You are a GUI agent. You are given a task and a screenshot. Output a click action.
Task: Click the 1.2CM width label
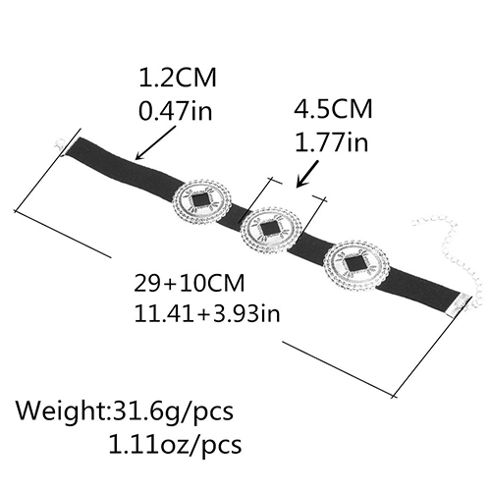[178, 78]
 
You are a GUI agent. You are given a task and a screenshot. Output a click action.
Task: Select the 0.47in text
[176, 110]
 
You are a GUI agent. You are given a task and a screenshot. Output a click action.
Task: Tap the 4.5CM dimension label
[333, 108]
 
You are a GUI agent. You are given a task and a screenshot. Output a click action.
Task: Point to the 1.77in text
[331, 141]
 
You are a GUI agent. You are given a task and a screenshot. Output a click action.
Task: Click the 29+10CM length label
[190, 283]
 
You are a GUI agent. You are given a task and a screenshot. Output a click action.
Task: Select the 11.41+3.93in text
[207, 313]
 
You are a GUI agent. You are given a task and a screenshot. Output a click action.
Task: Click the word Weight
[60, 412]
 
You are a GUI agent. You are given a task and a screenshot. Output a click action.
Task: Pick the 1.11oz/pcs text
[175, 444]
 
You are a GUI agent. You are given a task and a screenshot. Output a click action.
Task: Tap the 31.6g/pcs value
[170, 412]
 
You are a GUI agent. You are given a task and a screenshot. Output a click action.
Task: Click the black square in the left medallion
[199, 200]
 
